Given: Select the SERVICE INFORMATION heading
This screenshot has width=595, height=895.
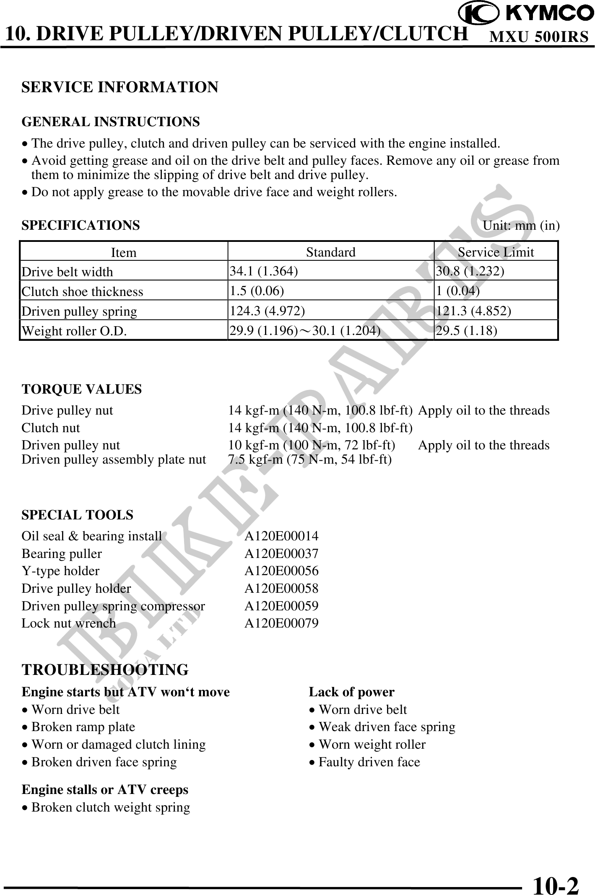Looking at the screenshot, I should point(120,87).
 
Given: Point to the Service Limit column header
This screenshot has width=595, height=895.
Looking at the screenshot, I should point(496,252).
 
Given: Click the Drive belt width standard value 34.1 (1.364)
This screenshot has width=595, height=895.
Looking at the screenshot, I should point(264,271).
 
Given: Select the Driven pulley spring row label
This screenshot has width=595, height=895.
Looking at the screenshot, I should point(79,311).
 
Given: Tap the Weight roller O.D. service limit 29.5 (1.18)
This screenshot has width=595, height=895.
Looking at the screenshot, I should point(467,330).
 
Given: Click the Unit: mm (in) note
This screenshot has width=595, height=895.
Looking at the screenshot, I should point(521,226).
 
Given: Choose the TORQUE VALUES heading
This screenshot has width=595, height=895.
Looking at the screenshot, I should point(82,389).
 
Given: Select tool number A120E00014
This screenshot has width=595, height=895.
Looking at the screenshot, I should point(281,536).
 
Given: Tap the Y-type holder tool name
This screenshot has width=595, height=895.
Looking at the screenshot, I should point(61,571).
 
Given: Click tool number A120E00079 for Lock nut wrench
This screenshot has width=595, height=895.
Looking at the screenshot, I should point(281,623).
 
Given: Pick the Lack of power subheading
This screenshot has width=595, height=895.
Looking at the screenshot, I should point(351,692).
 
